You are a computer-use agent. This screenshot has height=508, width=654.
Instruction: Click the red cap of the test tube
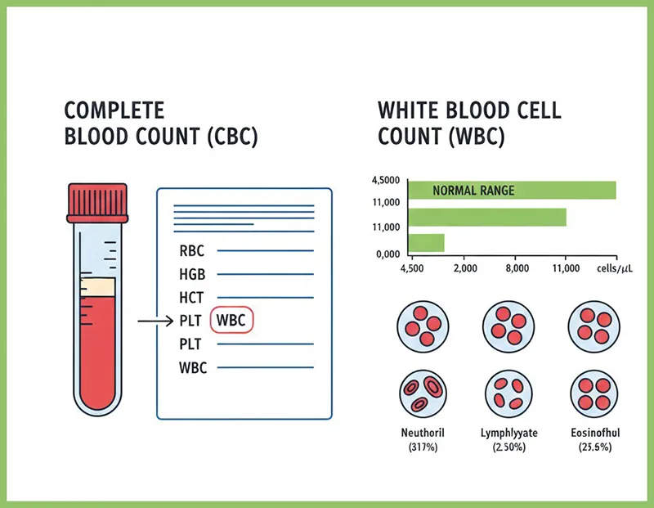97,204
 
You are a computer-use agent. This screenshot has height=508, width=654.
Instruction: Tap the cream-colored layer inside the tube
97,287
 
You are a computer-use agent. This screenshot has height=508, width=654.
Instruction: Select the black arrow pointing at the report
155,321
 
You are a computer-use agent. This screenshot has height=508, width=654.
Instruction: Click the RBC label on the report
192,251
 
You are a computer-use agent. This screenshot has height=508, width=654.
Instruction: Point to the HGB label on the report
192,274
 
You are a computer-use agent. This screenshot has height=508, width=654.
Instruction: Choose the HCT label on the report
191,298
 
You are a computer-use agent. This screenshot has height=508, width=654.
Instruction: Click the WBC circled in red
231,320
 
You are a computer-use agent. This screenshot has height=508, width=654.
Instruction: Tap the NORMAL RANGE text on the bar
473,191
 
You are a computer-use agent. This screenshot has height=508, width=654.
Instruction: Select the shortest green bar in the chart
426,243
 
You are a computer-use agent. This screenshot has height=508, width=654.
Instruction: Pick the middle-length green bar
487,217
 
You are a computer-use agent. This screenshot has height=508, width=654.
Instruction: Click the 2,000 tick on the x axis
465,268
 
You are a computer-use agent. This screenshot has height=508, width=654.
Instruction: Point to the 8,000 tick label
517,268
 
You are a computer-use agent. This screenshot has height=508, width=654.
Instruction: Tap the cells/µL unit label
615,268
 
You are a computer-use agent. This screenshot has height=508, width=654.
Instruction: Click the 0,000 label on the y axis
387,254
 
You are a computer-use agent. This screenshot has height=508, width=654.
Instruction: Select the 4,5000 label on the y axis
386,180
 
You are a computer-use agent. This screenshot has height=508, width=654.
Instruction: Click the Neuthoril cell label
423,433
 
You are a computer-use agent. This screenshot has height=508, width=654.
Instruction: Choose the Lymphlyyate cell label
508,433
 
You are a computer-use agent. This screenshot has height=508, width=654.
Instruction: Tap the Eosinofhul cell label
595,433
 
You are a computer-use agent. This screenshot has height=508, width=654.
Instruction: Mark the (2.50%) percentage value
508,447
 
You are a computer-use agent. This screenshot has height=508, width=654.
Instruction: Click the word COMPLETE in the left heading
114,110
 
